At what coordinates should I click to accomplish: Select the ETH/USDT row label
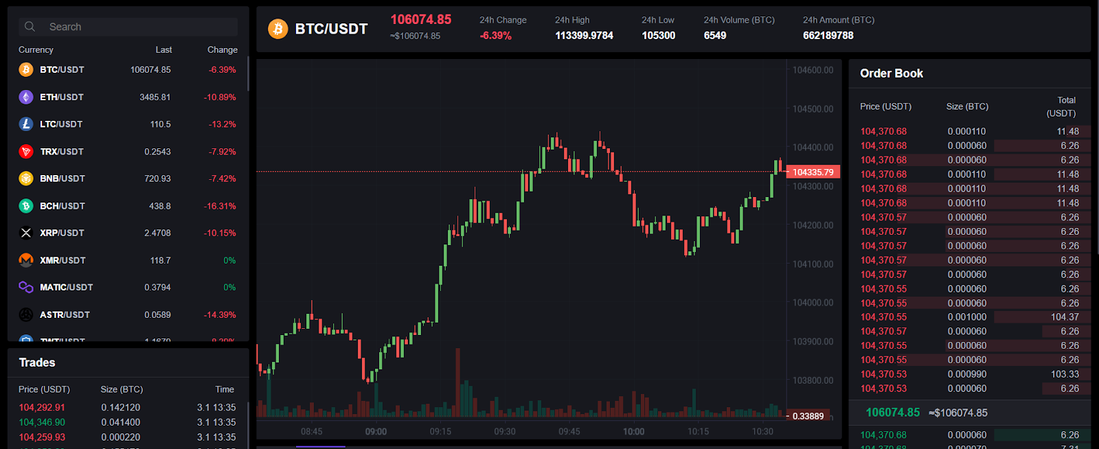[x=61, y=97]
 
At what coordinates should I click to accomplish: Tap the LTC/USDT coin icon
[x=26, y=124]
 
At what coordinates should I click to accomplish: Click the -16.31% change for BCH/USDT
[x=220, y=206]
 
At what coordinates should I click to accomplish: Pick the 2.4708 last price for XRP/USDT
[x=157, y=233]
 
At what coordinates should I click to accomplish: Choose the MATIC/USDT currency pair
[x=66, y=287]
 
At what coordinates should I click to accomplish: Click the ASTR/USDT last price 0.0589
[x=157, y=314]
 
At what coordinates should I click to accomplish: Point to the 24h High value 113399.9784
[x=584, y=36]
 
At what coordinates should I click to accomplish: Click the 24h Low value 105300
[x=658, y=36]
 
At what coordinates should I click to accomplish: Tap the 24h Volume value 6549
[x=714, y=36]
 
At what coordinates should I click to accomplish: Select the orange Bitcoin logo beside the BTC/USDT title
[x=277, y=29]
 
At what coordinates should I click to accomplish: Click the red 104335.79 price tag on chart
[x=813, y=172]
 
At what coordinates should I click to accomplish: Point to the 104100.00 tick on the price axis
[x=813, y=264]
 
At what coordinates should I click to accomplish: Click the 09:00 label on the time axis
[x=376, y=432]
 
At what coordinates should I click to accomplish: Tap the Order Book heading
[x=891, y=73]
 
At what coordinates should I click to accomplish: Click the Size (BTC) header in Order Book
[x=966, y=106]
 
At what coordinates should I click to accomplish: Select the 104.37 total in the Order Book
[x=1064, y=317]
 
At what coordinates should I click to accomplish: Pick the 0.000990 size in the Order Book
[x=966, y=374]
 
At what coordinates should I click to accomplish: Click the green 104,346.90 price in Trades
[x=42, y=422]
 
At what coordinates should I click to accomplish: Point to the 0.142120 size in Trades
[x=120, y=407]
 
